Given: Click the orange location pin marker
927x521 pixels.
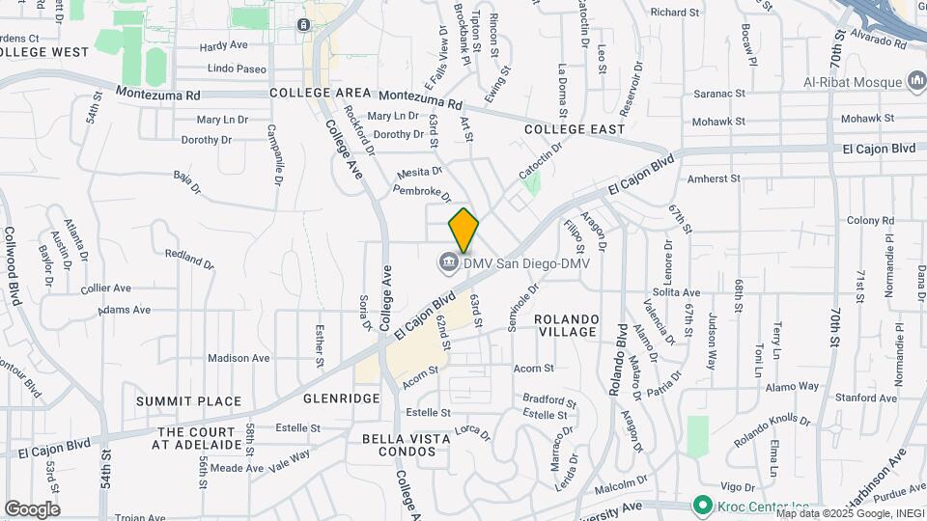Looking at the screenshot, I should click(x=463, y=230).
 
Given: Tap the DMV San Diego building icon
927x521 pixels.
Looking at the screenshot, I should click(x=448, y=261).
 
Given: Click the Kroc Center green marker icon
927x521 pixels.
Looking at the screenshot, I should click(x=702, y=505).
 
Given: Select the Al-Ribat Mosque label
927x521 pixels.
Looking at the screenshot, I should click(x=853, y=82).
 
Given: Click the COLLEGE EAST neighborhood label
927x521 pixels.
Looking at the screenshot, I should click(x=575, y=129).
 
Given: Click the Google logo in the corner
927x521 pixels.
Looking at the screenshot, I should click(x=32, y=508).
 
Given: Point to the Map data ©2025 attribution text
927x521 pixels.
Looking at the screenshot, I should click(x=850, y=513).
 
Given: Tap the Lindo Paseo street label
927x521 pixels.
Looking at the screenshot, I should click(x=237, y=69).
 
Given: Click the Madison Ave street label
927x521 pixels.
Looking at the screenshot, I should click(x=239, y=358).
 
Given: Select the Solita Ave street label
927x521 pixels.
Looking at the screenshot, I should click(x=676, y=292).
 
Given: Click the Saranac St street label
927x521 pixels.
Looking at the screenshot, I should click(x=720, y=95).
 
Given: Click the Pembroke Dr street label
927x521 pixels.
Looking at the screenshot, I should click(x=423, y=193).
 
